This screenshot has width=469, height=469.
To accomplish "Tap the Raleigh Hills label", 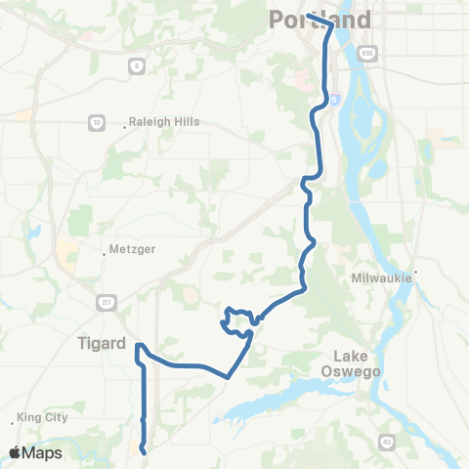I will (x=166, y=122).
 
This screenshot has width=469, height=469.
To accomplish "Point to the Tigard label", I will (x=102, y=343).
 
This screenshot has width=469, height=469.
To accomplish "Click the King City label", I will (x=44, y=417).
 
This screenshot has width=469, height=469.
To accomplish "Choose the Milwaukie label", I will (x=384, y=278).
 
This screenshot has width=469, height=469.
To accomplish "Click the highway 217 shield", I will (x=105, y=303).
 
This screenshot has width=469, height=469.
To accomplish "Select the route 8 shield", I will (x=135, y=65).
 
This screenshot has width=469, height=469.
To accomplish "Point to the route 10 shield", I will (x=96, y=122).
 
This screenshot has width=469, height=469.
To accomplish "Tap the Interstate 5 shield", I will (x=335, y=98).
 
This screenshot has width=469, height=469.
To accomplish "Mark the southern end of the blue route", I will (x=145, y=451).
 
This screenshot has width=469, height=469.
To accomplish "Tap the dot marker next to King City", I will (x=14, y=422).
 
